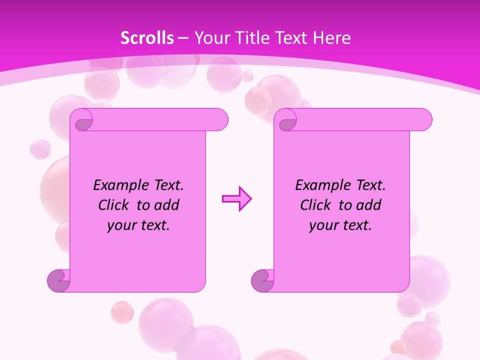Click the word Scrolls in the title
pos(147,38)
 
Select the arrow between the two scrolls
pos(236,199)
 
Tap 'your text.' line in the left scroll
pos(138,225)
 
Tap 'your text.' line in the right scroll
pos(340,225)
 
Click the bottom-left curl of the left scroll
pos(59,280)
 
